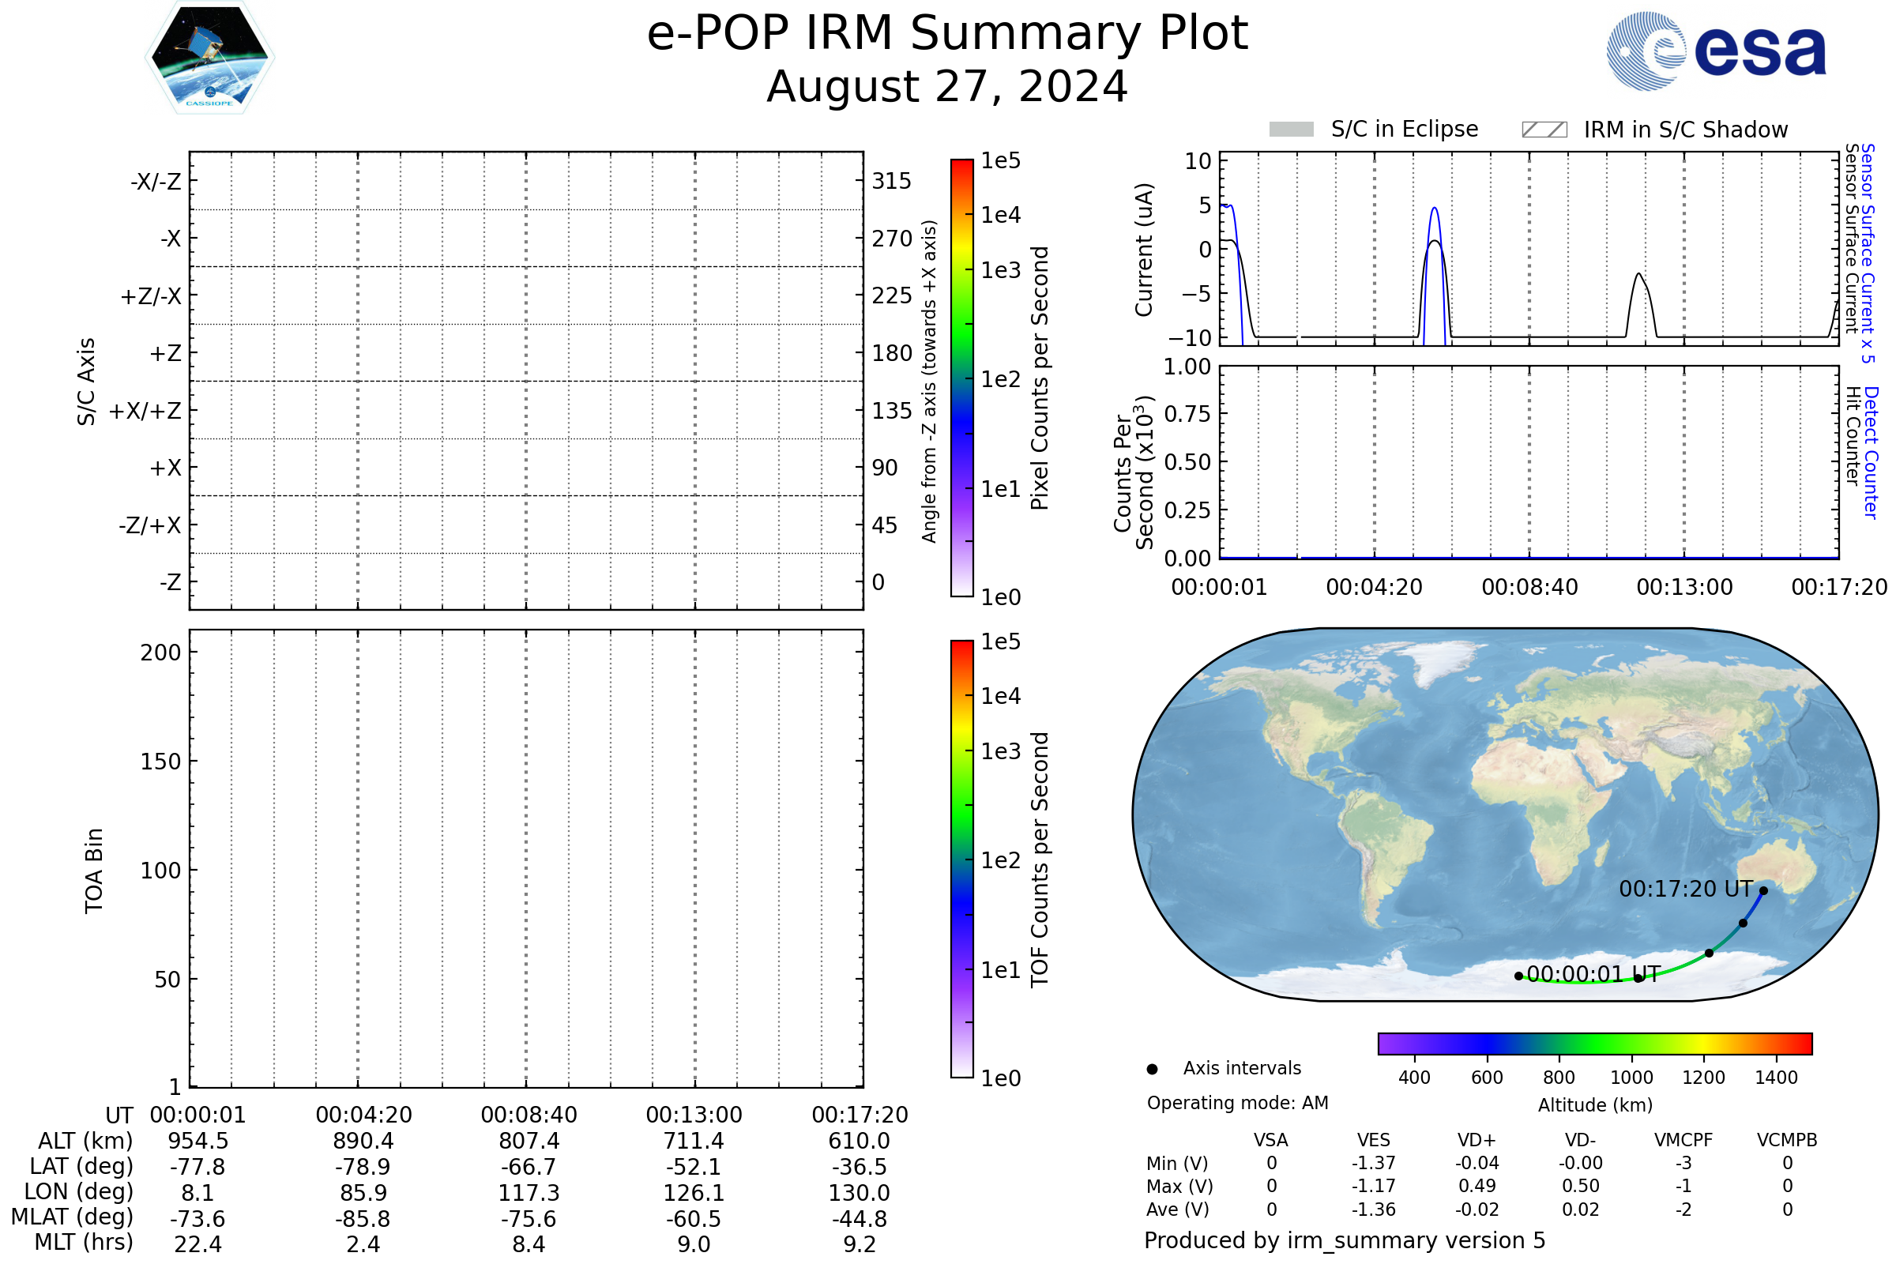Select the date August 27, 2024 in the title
(x=946, y=87)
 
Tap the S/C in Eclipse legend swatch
(x=1291, y=130)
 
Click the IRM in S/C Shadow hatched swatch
(x=1544, y=130)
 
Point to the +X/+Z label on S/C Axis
(x=145, y=411)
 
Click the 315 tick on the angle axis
(x=891, y=181)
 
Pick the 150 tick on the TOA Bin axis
(x=160, y=762)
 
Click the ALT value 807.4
(x=529, y=1142)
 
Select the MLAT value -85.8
(x=363, y=1219)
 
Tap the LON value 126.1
(x=694, y=1193)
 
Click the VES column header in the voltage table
(x=1374, y=1141)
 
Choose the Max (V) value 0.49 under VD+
(x=1477, y=1187)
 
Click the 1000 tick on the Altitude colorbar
(x=1631, y=1078)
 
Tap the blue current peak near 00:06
(x=1434, y=209)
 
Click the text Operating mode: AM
(x=1237, y=1103)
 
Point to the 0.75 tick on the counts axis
(x=1187, y=414)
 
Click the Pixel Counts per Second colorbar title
(x=1040, y=378)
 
